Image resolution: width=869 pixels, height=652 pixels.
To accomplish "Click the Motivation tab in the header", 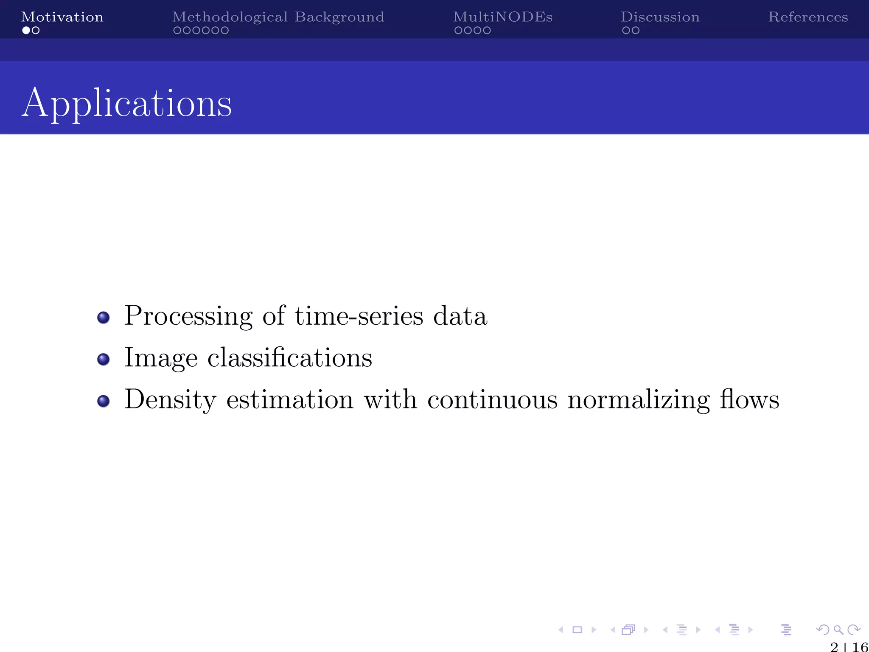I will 62,17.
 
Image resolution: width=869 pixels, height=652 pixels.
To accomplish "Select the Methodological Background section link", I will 278,17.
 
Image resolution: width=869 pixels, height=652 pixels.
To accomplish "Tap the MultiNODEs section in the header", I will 502,17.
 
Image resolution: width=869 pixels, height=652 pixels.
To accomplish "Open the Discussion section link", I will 660,17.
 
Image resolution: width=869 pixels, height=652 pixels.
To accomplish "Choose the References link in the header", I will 808,17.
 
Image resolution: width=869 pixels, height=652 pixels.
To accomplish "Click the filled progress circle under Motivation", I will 26,31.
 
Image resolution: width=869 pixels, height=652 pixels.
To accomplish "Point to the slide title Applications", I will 126,103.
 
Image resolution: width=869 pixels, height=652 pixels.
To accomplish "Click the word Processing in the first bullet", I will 188,317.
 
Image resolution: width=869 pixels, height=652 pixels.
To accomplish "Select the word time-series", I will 359,317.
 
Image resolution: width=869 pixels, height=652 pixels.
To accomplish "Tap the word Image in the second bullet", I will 161,358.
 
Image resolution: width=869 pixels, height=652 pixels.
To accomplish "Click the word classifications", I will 289,358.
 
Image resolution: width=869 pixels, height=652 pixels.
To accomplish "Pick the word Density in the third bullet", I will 170,400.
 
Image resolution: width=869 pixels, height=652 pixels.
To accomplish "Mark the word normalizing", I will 638,400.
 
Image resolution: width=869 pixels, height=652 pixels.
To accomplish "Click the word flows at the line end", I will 749,400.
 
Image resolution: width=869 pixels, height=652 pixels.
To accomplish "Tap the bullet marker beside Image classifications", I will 104,360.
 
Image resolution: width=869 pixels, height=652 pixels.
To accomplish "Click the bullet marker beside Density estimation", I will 104,401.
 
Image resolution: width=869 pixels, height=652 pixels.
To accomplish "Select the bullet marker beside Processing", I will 104,318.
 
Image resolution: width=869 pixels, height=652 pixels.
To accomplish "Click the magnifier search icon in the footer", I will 838,630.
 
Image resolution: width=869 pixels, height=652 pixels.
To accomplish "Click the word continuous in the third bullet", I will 492,400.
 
